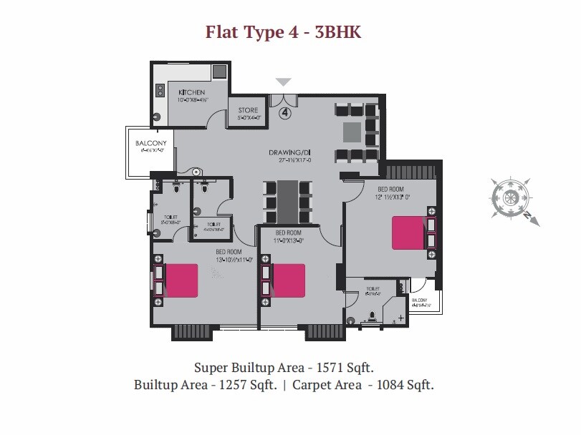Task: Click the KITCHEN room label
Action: point(192,93)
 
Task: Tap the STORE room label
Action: point(249,110)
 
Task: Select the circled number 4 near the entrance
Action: point(284,112)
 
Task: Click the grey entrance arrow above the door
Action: point(284,82)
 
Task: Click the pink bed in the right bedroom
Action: point(407,233)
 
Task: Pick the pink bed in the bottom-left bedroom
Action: point(182,280)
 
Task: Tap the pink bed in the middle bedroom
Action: point(289,280)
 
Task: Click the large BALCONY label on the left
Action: point(150,143)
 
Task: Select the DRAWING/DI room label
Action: point(289,153)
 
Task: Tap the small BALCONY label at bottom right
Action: point(419,300)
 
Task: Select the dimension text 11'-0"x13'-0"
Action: point(288,240)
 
